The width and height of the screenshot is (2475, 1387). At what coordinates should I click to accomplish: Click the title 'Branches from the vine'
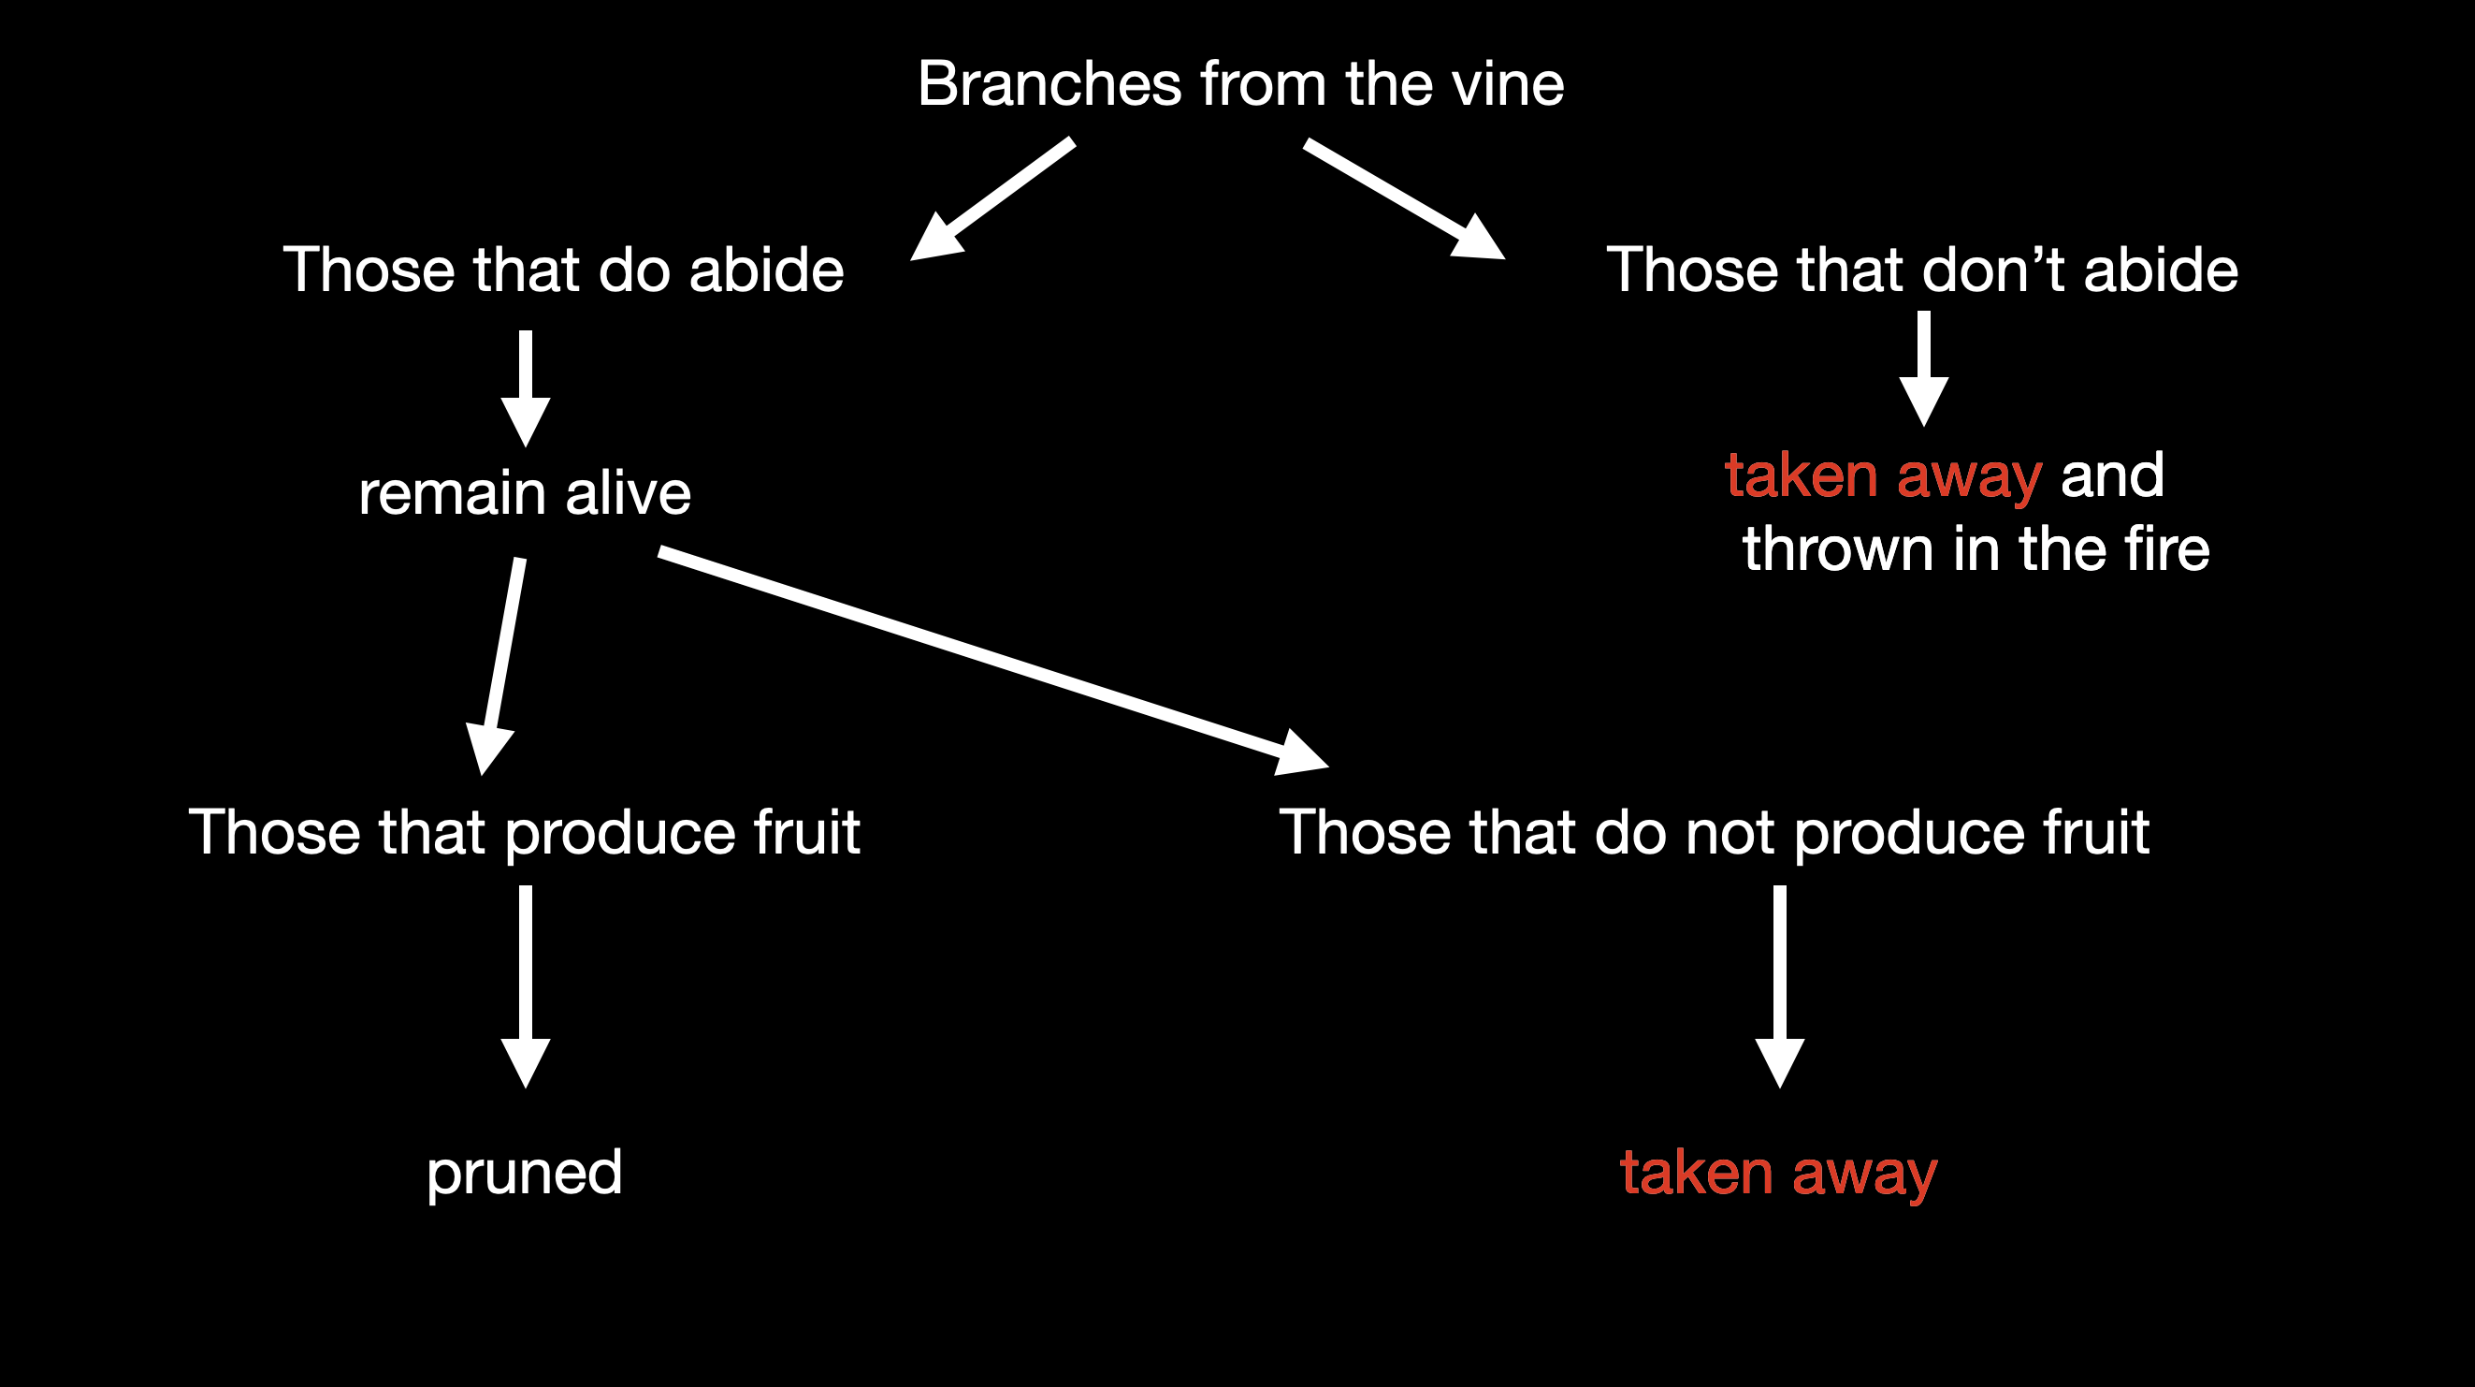pyautogui.click(x=1239, y=83)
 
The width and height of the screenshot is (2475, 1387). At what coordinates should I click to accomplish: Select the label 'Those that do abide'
pyautogui.click(x=563, y=270)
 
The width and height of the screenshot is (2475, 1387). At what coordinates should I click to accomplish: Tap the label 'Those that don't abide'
pyautogui.click(x=1921, y=270)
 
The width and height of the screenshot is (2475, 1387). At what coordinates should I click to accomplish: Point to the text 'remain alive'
pyautogui.click(x=525, y=493)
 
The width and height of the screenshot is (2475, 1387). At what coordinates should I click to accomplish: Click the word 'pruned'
pyautogui.click(x=525, y=1173)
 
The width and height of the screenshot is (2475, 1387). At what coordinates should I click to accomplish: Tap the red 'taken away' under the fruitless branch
pyautogui.click(x=1778, y=1173)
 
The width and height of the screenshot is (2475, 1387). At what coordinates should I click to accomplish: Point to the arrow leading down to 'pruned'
pyautogui.click(x=526, y=985)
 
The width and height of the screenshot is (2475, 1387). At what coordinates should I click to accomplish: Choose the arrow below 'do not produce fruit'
pyautogui.click(x=1779, y=985)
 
